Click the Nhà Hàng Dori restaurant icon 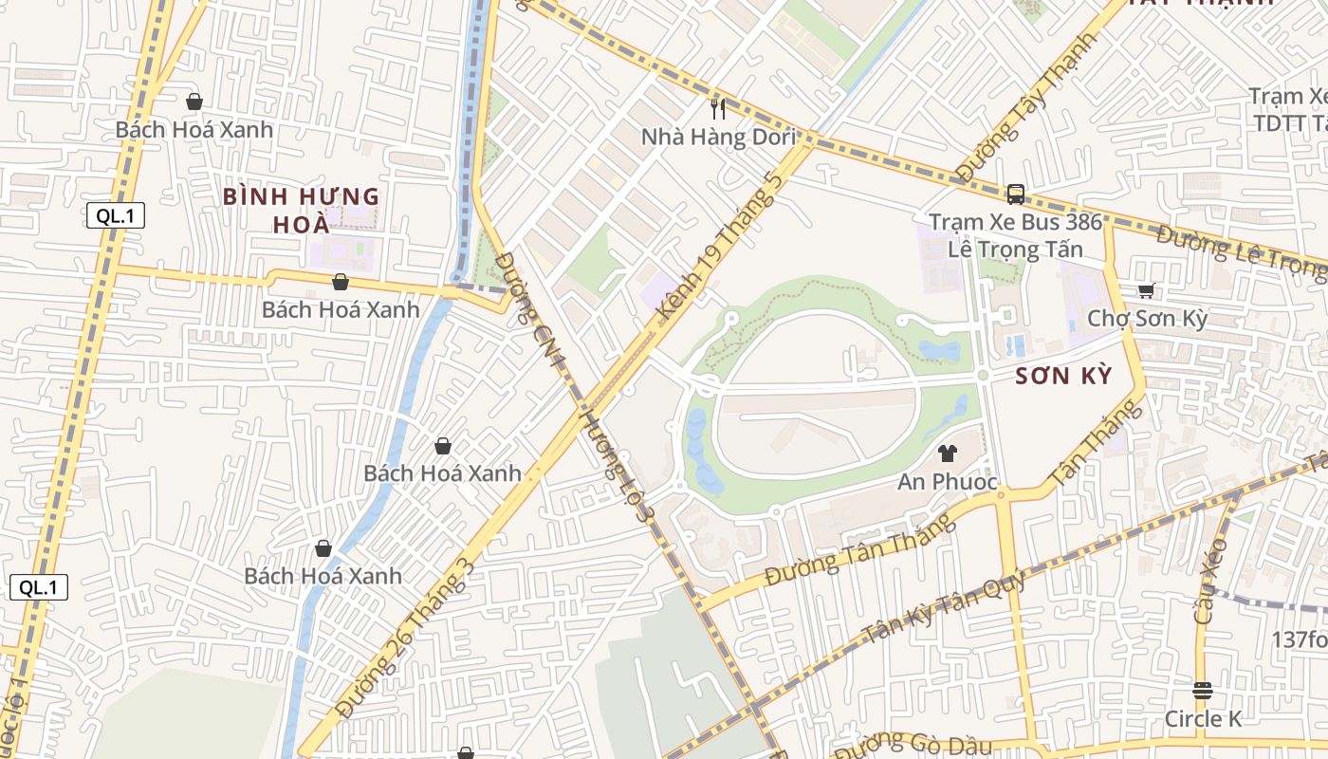(718, 109)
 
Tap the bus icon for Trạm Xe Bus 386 (1016, 194)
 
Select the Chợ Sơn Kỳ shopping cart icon (1147, 291)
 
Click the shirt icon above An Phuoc (947, 454)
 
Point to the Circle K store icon (1203, 691)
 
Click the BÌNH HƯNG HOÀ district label (301, 211)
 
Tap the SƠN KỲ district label (1062, 376)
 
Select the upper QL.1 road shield (116, 215)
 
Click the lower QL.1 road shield (39, 587)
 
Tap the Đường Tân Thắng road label (859, 551)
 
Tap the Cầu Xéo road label (1211, 580)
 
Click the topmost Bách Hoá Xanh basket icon (194, 101)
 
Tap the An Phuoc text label (948, 482)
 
